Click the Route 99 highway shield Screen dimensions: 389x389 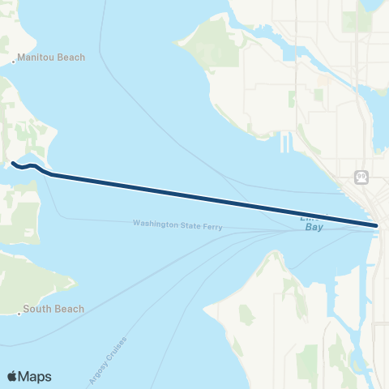pos(360,175)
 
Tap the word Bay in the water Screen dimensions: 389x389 pos(314,228)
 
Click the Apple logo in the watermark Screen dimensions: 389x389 pos(13,376)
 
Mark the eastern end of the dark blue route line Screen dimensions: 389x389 pos(377,224)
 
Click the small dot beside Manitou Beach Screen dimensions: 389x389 pos(15,61)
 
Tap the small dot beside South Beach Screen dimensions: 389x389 pos(19,312)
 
